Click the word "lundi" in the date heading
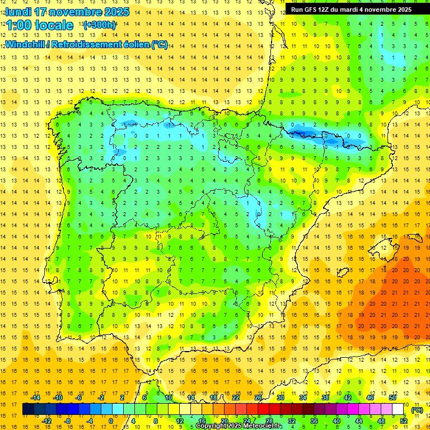coord(18,12)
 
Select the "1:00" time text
coord(20,25)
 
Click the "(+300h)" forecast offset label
coord(100,25)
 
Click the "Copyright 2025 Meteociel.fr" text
coord(239,426)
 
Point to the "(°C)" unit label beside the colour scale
coord(417,409)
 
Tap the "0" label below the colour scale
coord(111,421)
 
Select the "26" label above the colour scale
coord(258,398)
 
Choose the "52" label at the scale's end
coord(404,421)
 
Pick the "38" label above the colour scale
coord(325,398)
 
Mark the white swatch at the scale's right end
coord(398,409)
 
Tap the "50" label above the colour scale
coord(392,398)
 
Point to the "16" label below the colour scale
coord(202,421)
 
